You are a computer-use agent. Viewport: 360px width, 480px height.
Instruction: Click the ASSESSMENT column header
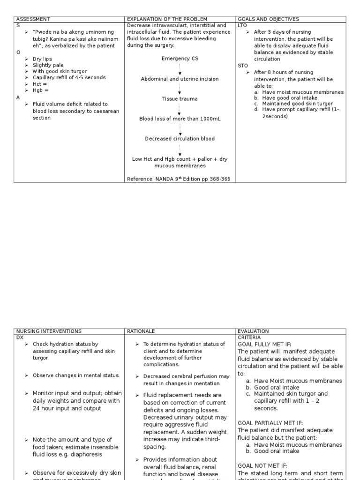point(33,19)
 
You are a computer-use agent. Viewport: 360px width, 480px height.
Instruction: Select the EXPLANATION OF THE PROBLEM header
point(167,19)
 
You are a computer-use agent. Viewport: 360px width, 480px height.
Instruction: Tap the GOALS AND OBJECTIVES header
point(269,19)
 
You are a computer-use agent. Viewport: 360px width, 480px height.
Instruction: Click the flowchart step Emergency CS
point(180,59)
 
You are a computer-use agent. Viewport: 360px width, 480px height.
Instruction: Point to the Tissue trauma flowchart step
point(180,99)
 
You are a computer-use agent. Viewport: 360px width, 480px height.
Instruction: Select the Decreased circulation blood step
point(180,139)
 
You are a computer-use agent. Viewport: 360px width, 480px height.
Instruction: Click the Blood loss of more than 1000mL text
point(180,119)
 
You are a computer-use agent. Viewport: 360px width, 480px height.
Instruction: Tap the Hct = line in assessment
point(40,84)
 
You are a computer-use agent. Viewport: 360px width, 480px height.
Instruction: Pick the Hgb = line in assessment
point(40,90)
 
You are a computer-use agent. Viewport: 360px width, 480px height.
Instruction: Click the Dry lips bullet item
point(42,59)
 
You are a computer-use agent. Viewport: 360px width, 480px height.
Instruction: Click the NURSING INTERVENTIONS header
point(49,331)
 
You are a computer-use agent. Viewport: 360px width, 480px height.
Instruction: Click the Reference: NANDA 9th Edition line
point(179,179)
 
